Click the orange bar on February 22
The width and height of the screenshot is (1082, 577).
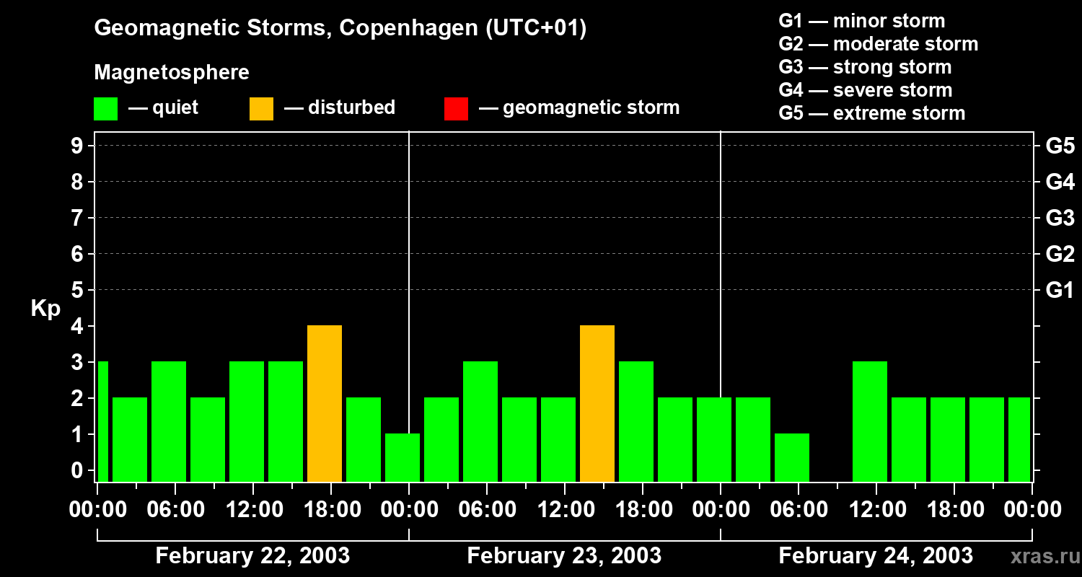[x=325, y=403]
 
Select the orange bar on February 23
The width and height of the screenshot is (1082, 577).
[x=597, y=403]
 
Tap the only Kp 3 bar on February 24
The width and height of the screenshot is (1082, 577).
[x=870, y=421]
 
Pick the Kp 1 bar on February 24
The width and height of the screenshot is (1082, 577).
[x=792, y=457]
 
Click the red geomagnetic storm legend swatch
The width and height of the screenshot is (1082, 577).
[x=456, y=109]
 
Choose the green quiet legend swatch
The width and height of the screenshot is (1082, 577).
[x=106, y=109]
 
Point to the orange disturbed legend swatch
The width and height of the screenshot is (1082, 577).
[x=261, y=109]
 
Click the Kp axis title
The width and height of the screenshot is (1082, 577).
[x=45, y=309]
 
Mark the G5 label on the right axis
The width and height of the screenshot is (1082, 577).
[x=1060, y=146]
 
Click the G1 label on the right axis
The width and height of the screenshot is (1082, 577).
[x=1060, y=291]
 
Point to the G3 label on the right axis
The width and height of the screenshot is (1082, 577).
[x=1060, y=218]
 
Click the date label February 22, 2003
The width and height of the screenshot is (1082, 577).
[x=252, y=556]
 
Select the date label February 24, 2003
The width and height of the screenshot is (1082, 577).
[x=876, y=556]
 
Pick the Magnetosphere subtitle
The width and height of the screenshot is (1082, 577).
[x=172, y=73]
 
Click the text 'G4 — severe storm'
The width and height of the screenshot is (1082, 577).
[x=866, y=90]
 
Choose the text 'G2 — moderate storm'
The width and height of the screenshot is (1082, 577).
[x=879, y=44]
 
